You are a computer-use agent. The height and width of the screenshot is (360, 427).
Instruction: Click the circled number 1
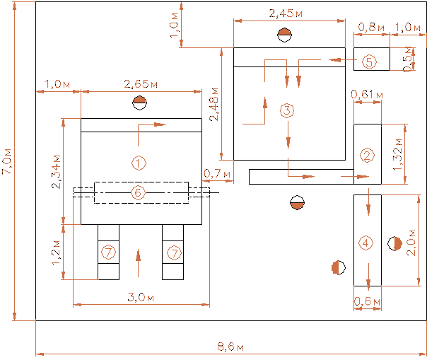tap(139, 163)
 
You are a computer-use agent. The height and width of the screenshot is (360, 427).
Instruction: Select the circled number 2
tap(366, 156)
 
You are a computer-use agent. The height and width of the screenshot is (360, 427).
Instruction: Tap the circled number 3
tap(286, 110)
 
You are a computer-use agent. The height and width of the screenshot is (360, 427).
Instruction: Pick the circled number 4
tap(365, 243)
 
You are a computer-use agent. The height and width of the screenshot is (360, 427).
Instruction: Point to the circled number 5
tap(369, 61)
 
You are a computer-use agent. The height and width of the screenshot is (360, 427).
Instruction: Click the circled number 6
tap(139, 192)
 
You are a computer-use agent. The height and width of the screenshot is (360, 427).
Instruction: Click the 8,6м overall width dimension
tap(230, 347)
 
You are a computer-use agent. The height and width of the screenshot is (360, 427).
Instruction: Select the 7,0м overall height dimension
tap(7, 161)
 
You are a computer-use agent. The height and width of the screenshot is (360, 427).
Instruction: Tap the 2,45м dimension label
tap(286, 13)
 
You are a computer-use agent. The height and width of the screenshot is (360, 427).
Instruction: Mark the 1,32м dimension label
tap(398, 155)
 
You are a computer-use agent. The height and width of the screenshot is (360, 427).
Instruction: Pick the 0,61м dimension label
tap(367, 93)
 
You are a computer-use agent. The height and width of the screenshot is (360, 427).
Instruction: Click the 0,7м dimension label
tap(212, 173)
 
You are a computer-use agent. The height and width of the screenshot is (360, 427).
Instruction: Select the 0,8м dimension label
tap(371, 27)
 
